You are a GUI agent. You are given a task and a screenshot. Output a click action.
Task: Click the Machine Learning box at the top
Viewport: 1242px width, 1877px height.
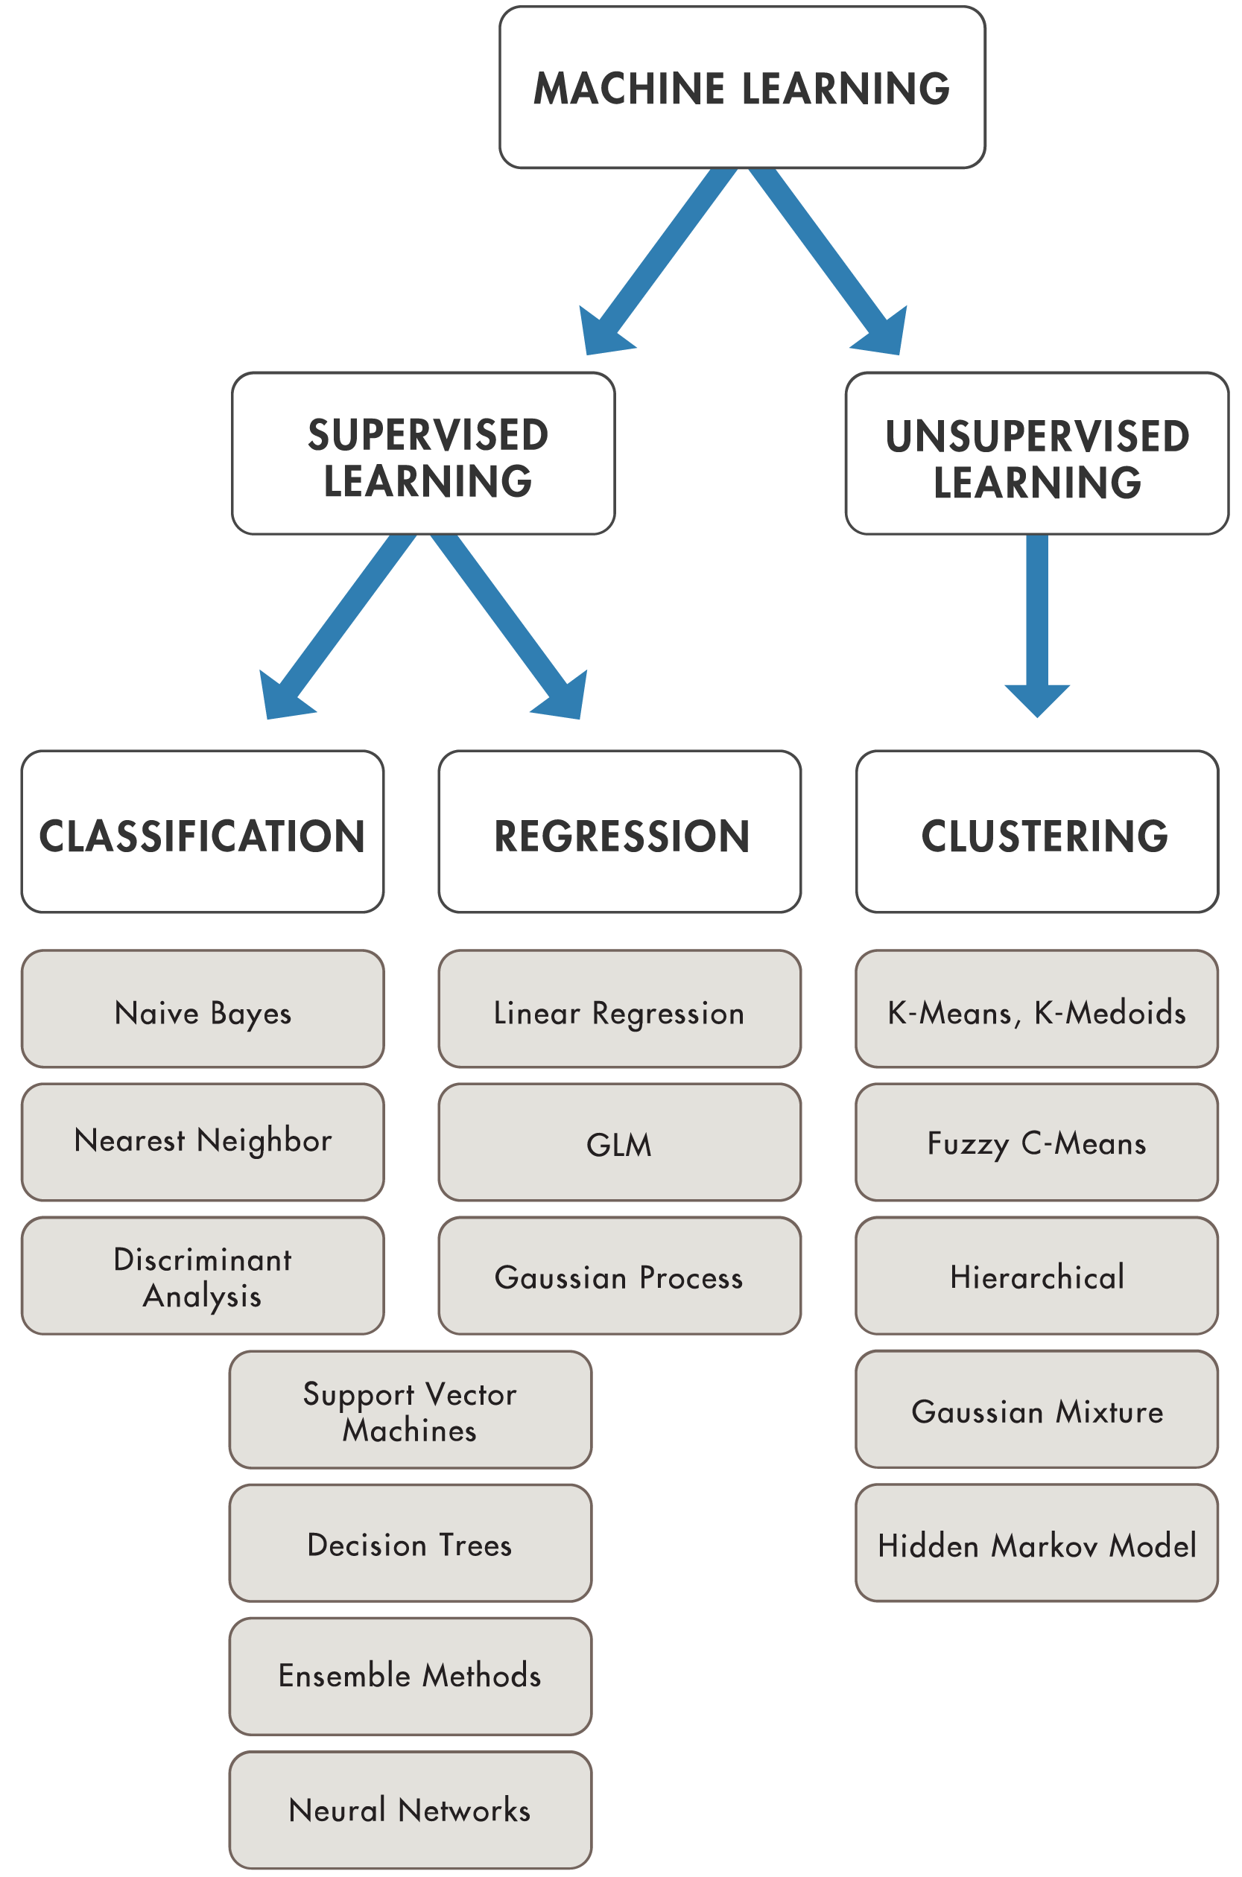741,88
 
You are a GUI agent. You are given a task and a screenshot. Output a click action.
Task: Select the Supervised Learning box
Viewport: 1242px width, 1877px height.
424,454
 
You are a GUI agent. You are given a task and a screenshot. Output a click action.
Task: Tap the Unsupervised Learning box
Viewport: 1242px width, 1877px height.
1036,454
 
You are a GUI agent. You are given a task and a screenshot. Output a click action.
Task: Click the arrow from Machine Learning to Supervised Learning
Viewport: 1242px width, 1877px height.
659,262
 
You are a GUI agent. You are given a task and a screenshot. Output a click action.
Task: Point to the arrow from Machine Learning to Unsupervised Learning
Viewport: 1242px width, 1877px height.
824,262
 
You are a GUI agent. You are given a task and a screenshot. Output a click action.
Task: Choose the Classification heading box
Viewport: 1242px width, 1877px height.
203,832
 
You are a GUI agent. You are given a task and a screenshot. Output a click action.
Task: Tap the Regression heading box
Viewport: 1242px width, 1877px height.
619,832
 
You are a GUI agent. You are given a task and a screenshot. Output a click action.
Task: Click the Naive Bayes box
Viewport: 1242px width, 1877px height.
203,1010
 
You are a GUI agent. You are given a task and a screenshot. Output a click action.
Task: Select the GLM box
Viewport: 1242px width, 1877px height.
619,1143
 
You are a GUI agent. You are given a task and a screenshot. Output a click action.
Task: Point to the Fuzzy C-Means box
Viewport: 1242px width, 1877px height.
1036,1143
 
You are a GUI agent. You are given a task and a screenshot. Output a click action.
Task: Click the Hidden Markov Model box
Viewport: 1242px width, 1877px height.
1036,1545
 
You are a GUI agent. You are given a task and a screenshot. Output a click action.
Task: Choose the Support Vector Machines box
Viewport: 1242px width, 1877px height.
411,1411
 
